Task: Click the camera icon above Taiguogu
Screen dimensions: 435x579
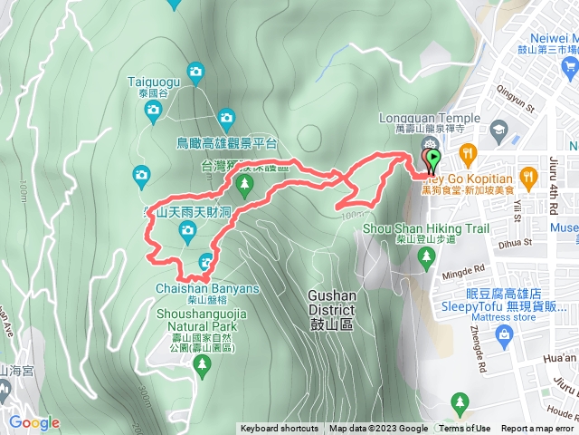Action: click(195, 71)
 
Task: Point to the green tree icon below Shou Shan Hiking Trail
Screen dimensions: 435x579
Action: click(426, 258)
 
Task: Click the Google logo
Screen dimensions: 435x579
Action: click(33, 422)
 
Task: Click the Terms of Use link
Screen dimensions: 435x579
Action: click(466, 429)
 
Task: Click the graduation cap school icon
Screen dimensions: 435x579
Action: click(498, 130)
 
